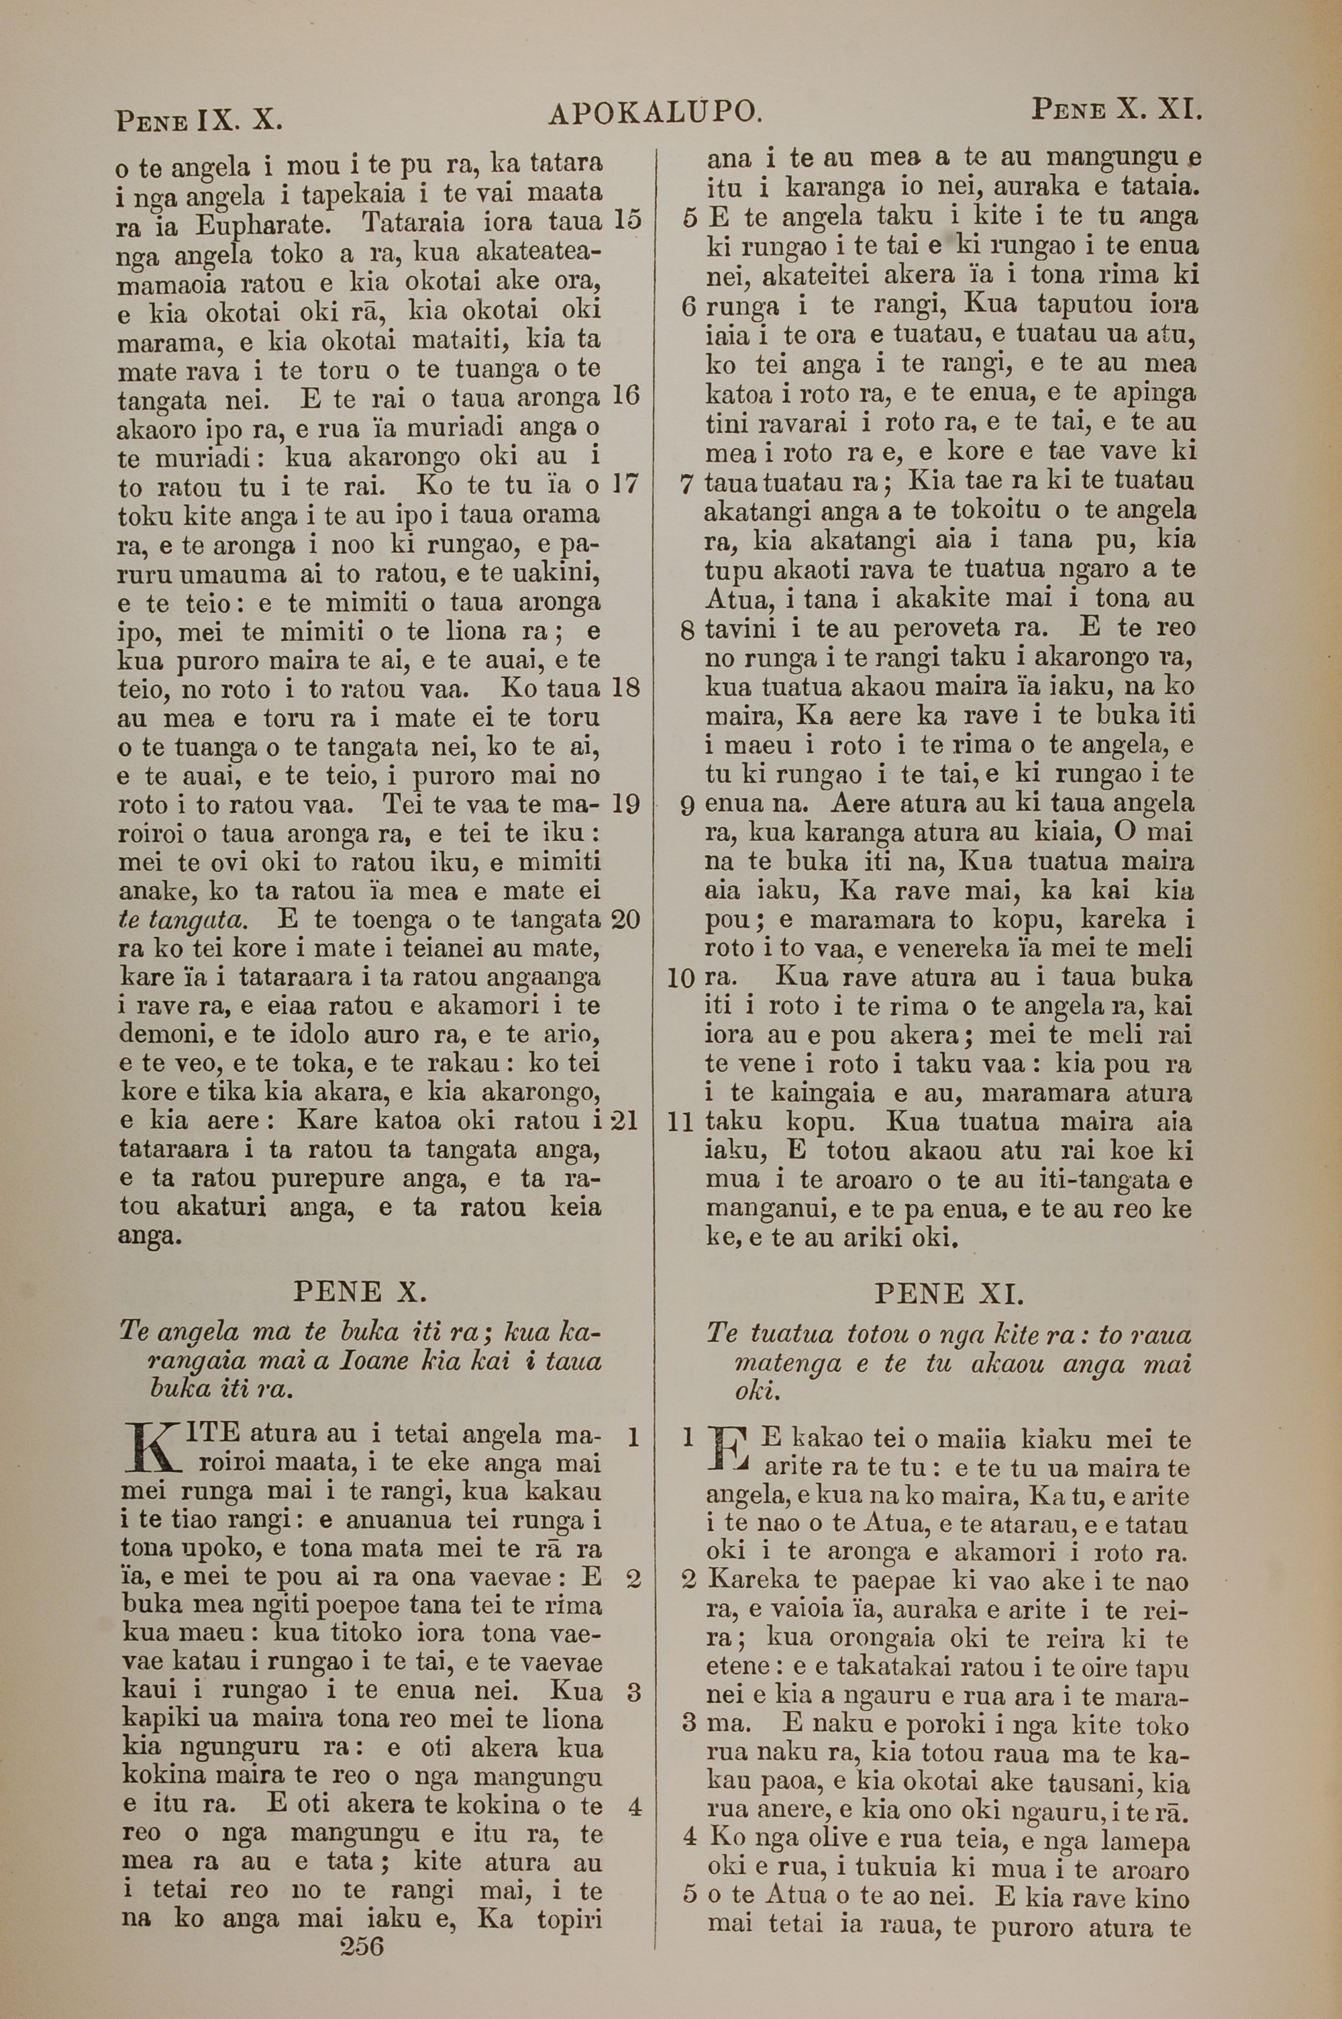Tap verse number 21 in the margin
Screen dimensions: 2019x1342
click(x=625, y=1120)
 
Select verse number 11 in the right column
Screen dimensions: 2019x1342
click(x=680, y=1122)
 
